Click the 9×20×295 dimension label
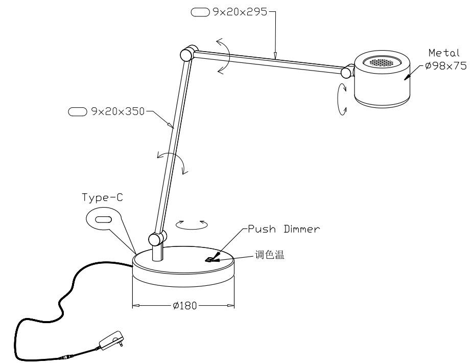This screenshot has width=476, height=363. (x=240, y=12)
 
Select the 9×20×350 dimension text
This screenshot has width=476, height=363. (x=118, y=111)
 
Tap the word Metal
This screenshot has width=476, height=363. (x=444, y=53)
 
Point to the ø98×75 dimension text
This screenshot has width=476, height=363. (x=446, y=65)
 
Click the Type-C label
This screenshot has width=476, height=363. (x=102, y=198)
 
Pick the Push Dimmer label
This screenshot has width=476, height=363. (x=284, y=229)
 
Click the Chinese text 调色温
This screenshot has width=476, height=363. (x=270, y=255)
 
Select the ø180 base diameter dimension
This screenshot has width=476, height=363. (x=185, y=305)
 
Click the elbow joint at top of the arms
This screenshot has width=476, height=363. (x=188, y=54)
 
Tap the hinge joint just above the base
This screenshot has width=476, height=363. (x=157, y=238)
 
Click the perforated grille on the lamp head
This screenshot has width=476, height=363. (x=382, y=62)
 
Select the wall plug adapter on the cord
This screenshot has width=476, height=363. (x=112, y=341)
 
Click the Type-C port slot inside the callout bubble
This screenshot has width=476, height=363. (x=104, y=220)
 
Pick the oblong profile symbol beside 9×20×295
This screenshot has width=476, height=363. (x=200, y=12)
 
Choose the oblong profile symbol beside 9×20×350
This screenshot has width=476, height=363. (x=78, y=111)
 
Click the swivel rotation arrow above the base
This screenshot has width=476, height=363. (x=192, y=225)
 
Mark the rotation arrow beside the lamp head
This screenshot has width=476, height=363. (x=342, y=99)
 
